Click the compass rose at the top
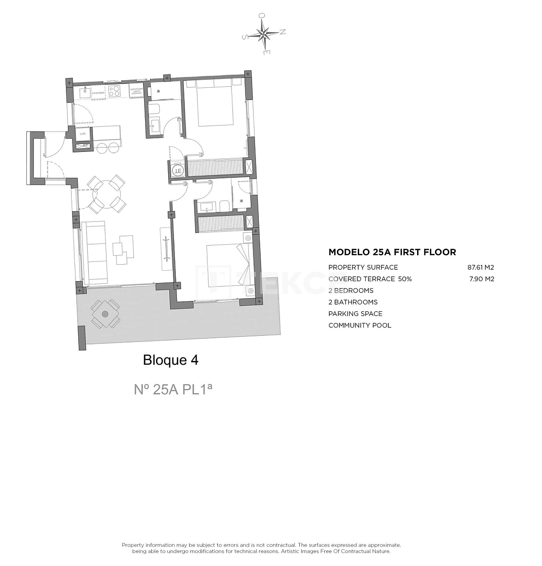click(x=264, y=33)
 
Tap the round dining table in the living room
click(x=107, y=193)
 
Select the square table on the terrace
click(x=105, y=314)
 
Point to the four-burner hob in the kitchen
click(x=115, y=91)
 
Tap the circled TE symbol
click(x=178, y=170)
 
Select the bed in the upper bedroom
click(x=215, y=106)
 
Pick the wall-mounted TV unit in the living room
click(x=167, y=249)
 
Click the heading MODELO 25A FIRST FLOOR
click(x=392, y=252)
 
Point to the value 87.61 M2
click(x=480, y=267)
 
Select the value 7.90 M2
click(x=482, y=279)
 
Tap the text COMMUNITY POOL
click(x=360, y=325)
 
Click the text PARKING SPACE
click(x=355, y=314)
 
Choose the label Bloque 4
click(x=171, y=360)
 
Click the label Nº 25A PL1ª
click(x=173, y=389)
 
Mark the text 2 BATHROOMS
click(x=353, y=302)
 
